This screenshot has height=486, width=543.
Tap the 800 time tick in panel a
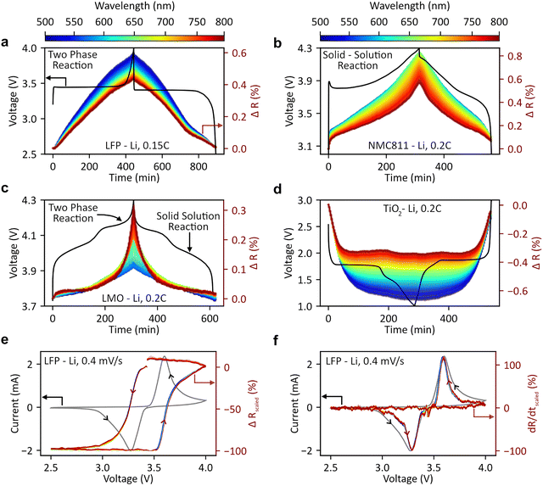[x=199, y=169]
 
